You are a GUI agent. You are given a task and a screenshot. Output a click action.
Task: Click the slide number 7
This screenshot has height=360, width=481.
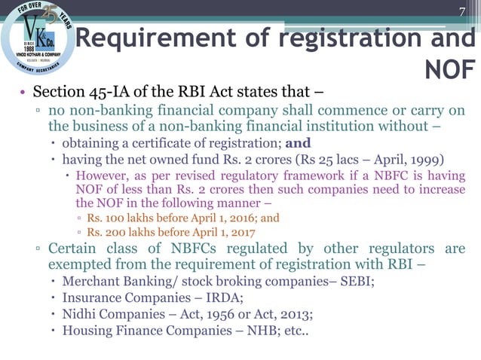(x=464, y=12)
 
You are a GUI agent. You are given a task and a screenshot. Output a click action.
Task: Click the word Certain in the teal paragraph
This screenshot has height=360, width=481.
(x=73, y=249)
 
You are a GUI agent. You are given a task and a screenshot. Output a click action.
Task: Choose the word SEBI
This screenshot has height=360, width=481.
(x=360, y=282)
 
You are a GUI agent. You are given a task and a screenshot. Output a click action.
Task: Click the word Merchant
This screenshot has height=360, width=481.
(x=90, y=282)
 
